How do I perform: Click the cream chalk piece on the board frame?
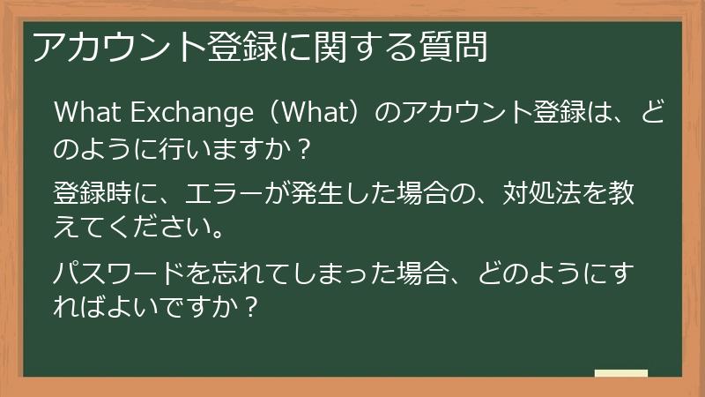tap(620, 374)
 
